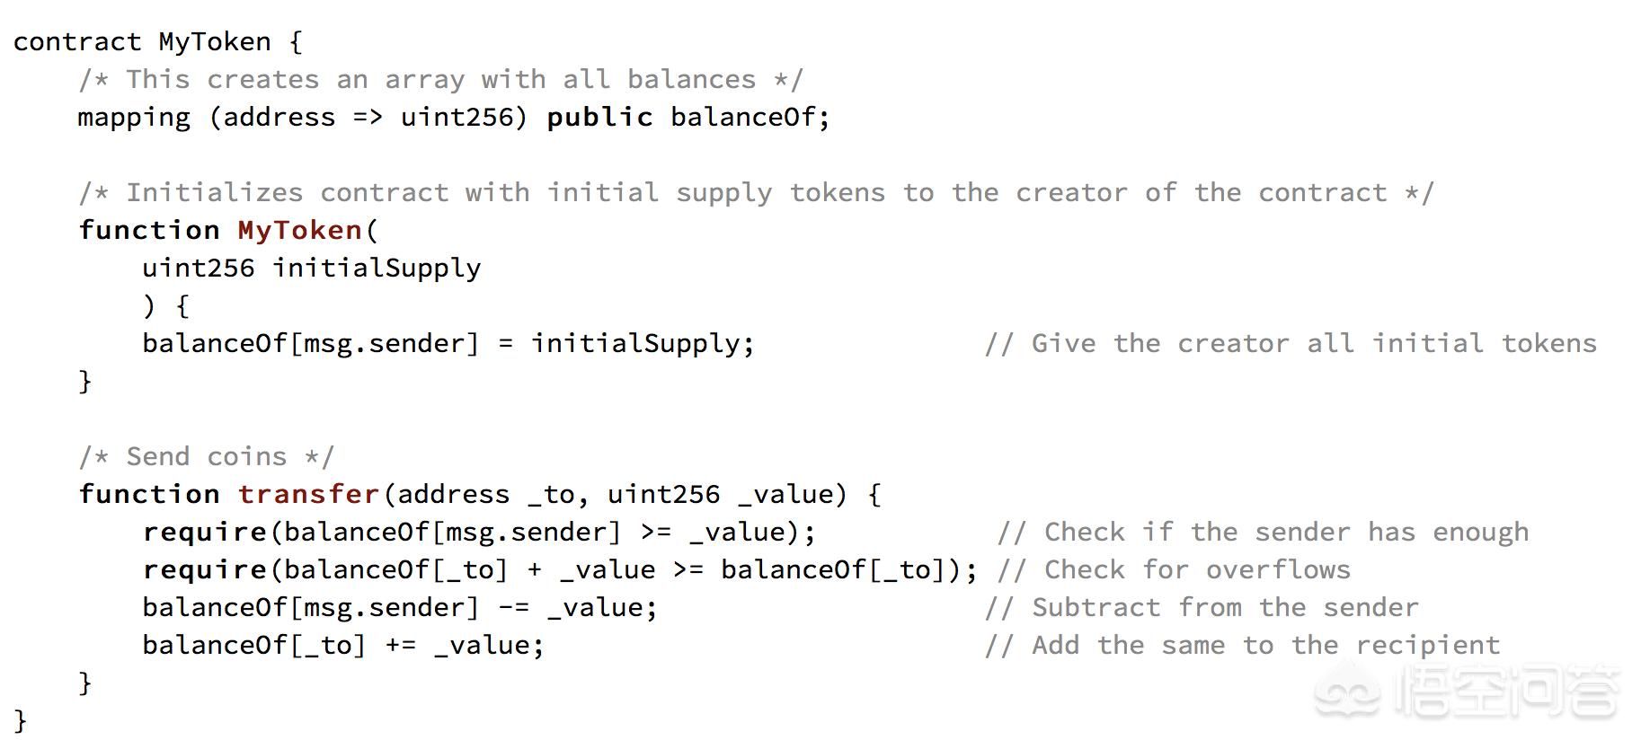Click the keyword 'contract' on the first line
point(77,42)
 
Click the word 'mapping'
point(134,119)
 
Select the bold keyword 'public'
point(599,118)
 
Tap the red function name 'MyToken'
point(299,231)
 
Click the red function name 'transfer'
point(308,494)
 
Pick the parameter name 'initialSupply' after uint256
point(377,269)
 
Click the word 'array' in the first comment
point(424,80)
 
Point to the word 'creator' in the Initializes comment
point(1071,193)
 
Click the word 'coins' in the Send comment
point(246,456)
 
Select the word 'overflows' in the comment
point(1278,569)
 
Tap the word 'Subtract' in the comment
point(1096,607)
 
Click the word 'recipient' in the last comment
point(1428,646)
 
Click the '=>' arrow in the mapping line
point(368,118)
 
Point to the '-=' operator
point(513,608)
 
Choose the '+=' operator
point(400,646)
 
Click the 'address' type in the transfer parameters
point(453,494)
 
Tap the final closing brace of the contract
point(21,720)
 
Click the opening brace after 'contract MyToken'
point(296,42)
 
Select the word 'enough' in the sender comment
point(1480,533)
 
